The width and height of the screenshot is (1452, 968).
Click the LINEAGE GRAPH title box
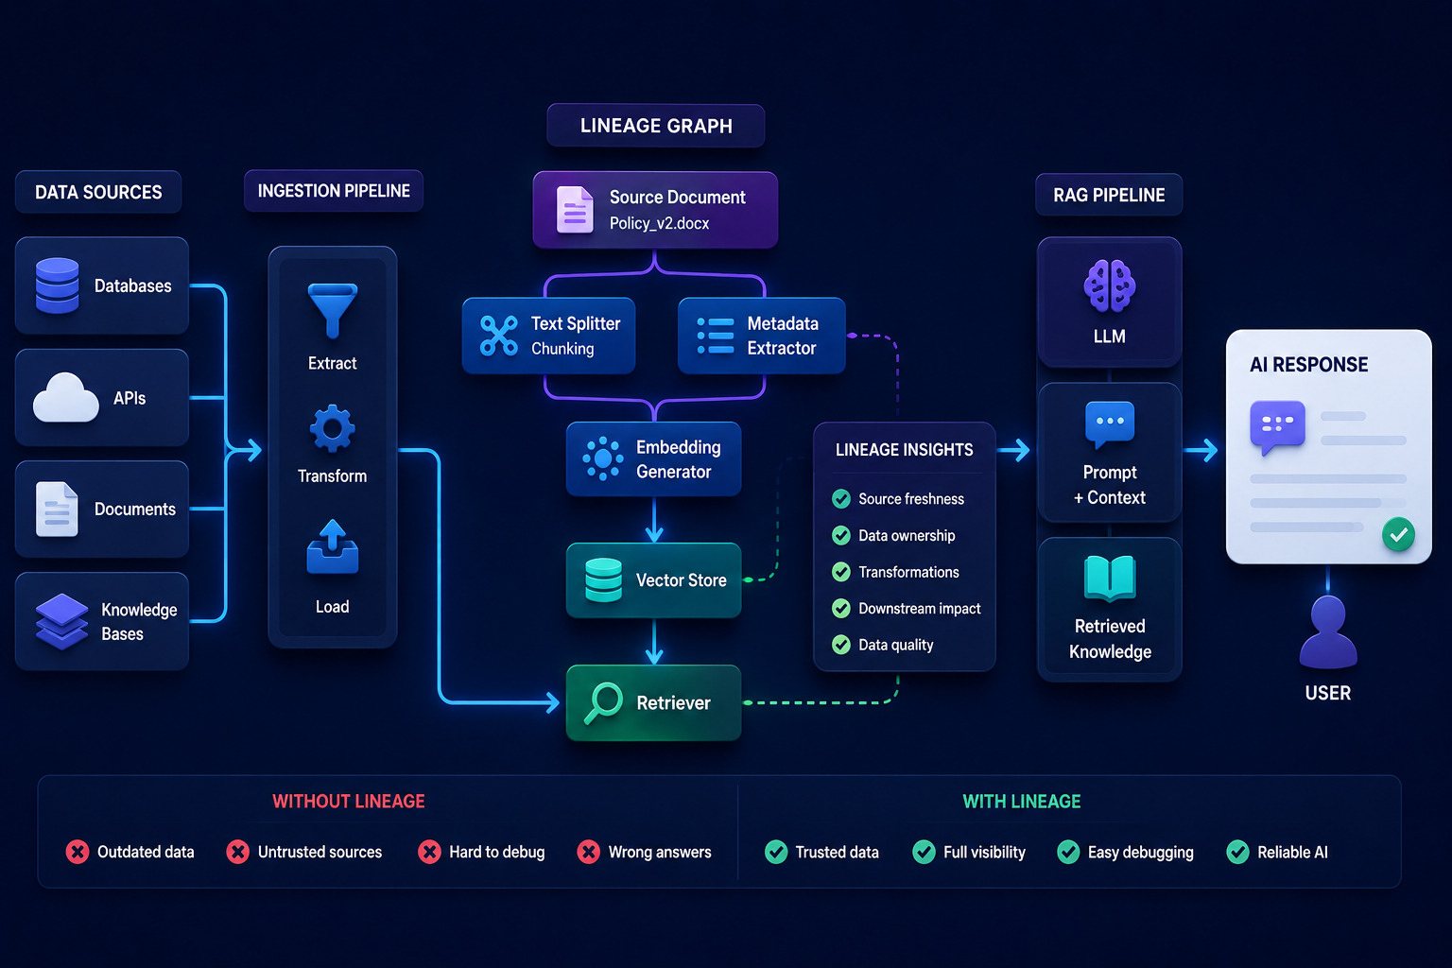pos(655,125)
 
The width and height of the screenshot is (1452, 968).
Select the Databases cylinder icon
pos(57,285)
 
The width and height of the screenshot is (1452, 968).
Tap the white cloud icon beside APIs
pos(65,397)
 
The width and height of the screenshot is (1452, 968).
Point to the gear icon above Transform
pos(333,428)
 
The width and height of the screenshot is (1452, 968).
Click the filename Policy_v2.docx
pos(659,223)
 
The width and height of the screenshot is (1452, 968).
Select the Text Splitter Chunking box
pos(548,336)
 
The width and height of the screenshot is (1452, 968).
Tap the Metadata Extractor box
pos(762,336)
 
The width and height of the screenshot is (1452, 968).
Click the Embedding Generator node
pos(653,459)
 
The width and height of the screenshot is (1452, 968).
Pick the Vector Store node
pos(653,580)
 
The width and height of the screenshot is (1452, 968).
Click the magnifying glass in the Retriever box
pos(603,702)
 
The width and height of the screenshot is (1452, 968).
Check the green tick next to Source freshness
pos(841,498)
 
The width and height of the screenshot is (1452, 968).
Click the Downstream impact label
pos(919,608)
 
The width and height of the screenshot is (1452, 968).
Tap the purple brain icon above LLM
pos(1109,285)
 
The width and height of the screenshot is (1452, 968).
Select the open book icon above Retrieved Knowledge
pos(1110,578)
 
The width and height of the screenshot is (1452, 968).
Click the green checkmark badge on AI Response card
pos(1398,534)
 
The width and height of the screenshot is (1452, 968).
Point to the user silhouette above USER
pos(1327,632)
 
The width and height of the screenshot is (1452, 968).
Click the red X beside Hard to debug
pos(429,852)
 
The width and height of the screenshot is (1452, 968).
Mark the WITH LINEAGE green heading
pos(1022,802)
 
